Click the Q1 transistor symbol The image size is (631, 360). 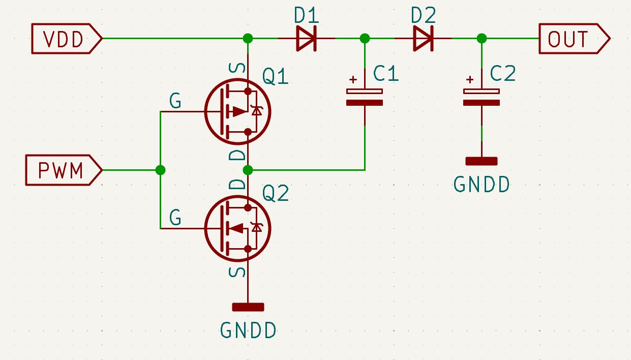pyautogui.click(x=237, y=111)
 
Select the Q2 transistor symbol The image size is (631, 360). pyautogui.click(x=237, y=228)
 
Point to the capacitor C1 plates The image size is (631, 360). pyautogui.click(x=365, y=97)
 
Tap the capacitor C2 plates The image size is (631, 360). pyautogui.click(x=482, y=97)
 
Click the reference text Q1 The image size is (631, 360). pyautogui.click(x=275, y=77)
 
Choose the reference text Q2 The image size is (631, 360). pyautogui.click(x=275, y=193)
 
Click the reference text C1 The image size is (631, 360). pyautogui.click(x=386, y=74)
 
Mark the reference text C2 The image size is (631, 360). pyautogui.click(x=503, y=74)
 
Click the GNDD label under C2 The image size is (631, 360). pyautogui.click(x=481, y=185)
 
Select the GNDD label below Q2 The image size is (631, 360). pyautogui.click(x=248, y=331)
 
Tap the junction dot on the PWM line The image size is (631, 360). pyautogui.click(x=161, y=170)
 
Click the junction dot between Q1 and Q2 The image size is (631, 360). pyautogui.click(x=248, y=170)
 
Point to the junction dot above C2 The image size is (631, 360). pyautogui.click(x=482, y=38)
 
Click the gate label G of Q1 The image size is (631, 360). pyautogui.click(x=175, y=102)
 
